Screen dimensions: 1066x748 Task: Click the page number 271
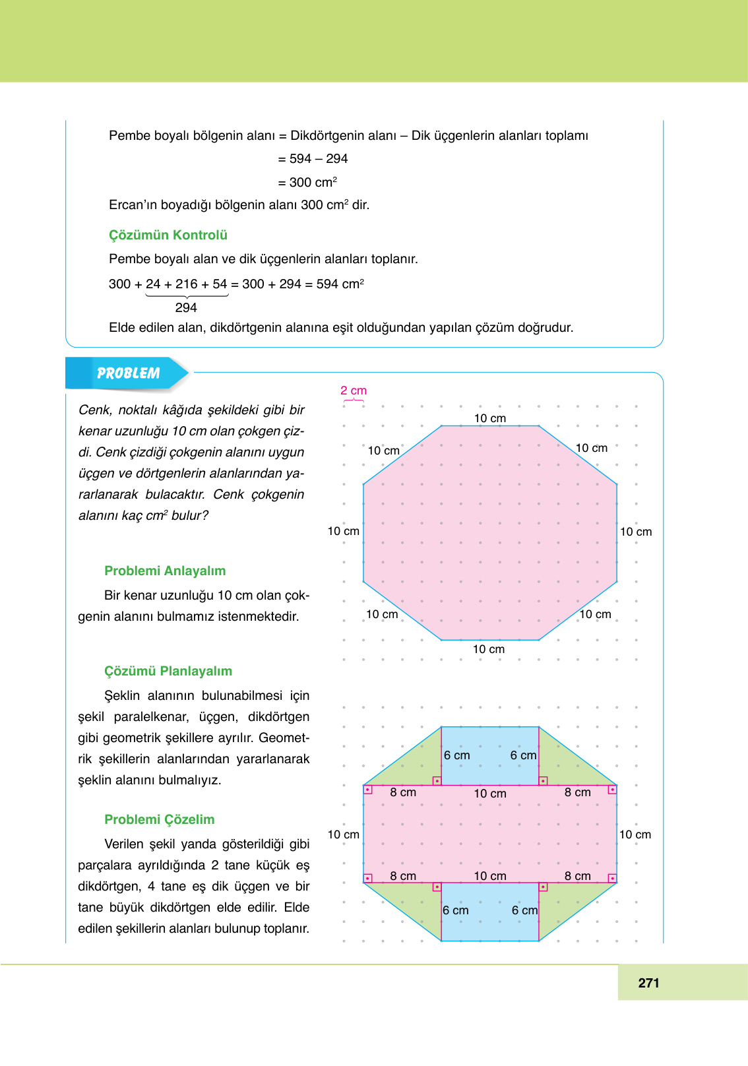click(x=648, y=983)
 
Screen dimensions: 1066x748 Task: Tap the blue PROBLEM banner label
click(x=128, y=373)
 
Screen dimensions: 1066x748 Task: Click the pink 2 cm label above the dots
click(x=354, y=391)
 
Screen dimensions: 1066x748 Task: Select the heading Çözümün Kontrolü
click(x=168, y=235)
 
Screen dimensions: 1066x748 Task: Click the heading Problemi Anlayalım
click(x=165, y=571)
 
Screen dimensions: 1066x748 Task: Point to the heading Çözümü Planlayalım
click(x=168, y=671)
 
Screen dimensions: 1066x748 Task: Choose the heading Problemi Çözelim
click(x=159, y=819)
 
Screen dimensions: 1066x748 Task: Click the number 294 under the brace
click(x=186, y=307)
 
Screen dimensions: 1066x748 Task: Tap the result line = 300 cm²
click(x=307, y=182)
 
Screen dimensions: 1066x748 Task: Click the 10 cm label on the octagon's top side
click(x=490, y=418)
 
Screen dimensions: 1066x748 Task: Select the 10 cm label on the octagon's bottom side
click(x=489, y=649)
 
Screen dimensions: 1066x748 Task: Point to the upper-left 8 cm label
click(x=403, y=792)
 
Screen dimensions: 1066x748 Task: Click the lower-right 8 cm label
click(x=577, y=876)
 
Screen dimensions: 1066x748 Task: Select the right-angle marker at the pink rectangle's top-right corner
click(x=612, y=790)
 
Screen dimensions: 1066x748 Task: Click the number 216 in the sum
click(x=186, y=284)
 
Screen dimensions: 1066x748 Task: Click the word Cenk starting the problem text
click(x=94, y=410)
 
